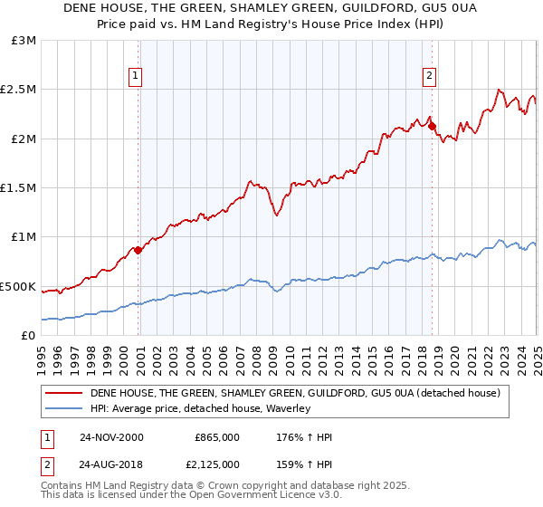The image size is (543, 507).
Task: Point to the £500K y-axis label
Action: click(18, 286)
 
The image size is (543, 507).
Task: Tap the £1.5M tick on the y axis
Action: click(19, 188)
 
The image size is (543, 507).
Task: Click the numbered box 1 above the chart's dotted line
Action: click(136, 77)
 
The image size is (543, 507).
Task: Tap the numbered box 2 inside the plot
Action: click(429, 77)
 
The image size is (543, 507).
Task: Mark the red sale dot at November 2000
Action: click(138, 251)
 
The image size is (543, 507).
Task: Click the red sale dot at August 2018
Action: click(432, 127)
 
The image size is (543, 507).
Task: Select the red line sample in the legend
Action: click(63, 393)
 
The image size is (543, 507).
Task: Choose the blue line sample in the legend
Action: click(63, 409)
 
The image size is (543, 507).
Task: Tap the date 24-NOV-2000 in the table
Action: click(111, 437)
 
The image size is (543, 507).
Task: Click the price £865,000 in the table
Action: click(217, 437)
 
